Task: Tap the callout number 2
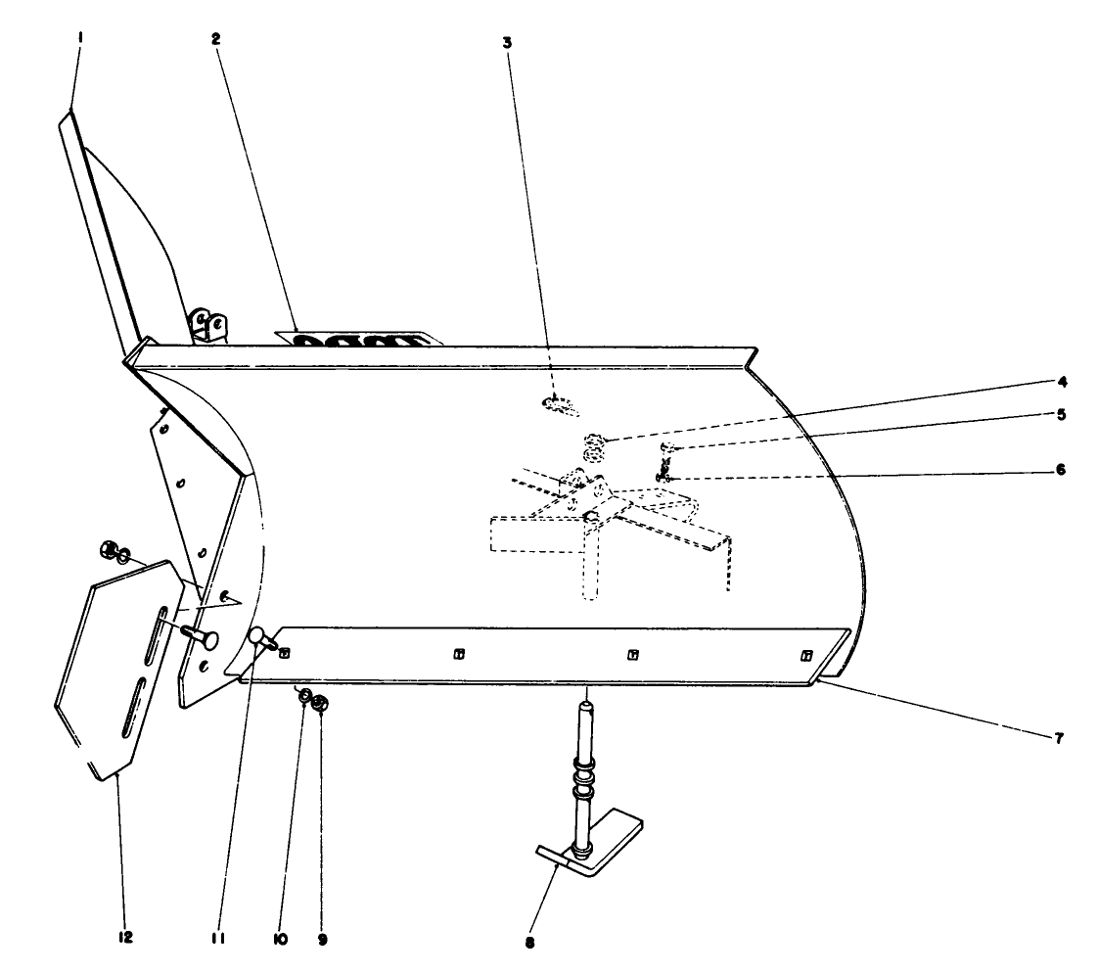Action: (216, 39)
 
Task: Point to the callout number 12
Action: (125, 938)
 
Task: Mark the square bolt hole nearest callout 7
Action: (806, 654)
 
